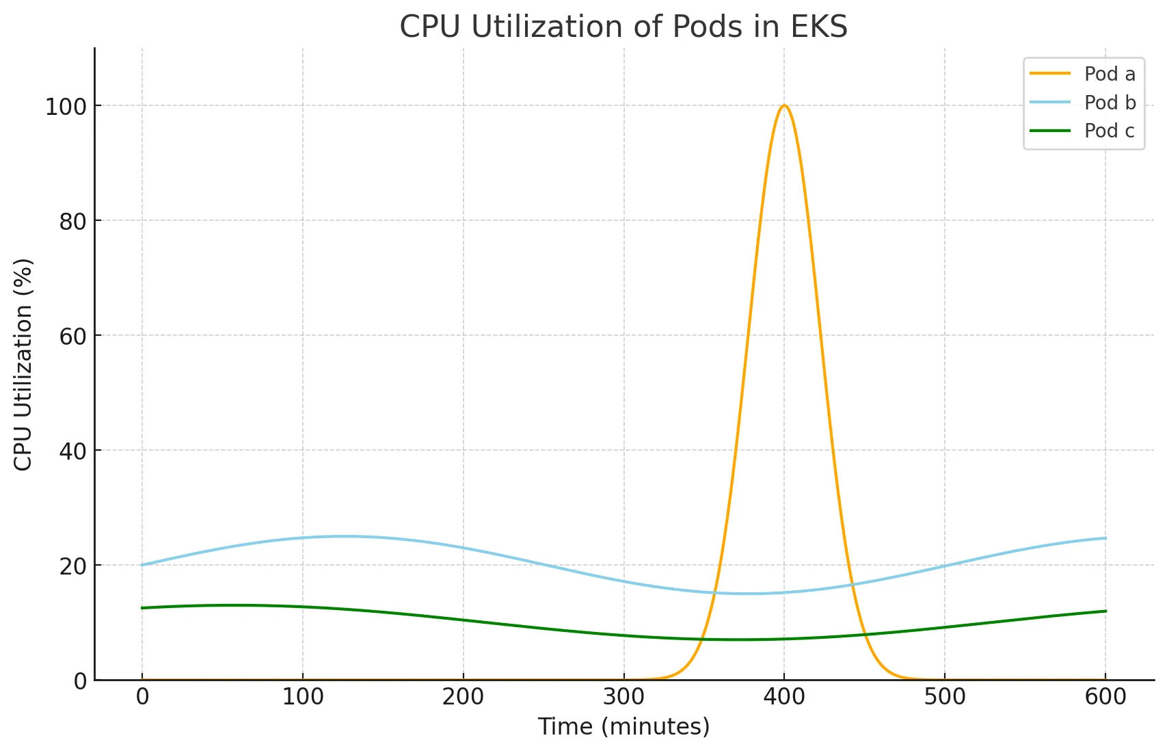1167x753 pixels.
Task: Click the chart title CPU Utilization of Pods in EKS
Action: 623,27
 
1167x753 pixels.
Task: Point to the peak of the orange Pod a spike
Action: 784,105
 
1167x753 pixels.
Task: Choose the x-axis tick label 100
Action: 303,697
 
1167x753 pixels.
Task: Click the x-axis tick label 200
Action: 464,697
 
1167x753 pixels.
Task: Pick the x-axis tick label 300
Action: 624,697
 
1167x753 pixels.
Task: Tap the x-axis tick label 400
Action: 784,697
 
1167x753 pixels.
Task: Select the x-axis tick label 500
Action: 945,697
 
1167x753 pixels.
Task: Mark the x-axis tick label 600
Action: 1105,697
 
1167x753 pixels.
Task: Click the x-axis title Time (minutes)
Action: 623,726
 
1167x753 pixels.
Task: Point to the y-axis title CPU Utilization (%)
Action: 23,364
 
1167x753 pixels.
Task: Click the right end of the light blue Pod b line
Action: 1105,538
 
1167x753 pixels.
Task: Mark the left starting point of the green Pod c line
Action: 142,608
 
